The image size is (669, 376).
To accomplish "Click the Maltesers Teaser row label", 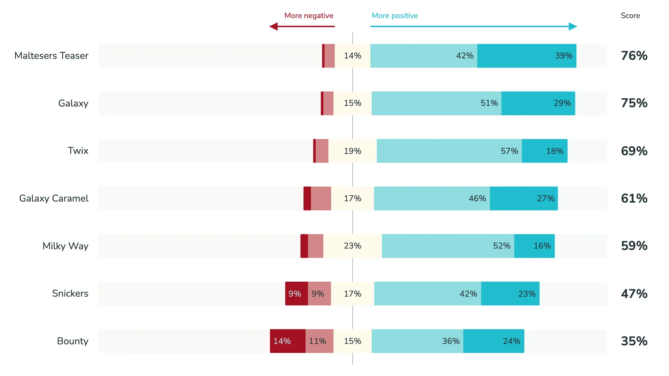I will (x=51, y=56).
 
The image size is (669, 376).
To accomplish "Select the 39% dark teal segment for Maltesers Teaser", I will (x=526, y=56).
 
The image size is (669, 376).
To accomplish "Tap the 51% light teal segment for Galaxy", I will (x=436, y=103).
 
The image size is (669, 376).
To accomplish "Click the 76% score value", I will (x=634, y=56).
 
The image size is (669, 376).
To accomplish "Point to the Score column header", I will (x=630, y=16).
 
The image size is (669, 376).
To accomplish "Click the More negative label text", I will (x=309, y=16).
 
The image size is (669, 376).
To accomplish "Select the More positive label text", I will (x=394, y=16).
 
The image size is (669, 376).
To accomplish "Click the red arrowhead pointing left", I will (x=274, y=26).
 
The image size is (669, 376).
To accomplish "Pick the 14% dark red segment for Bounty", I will (x=287, y=341).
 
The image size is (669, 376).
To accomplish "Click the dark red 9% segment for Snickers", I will (x=296, y=294).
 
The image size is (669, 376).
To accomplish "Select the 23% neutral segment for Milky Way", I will (x=352, y=246).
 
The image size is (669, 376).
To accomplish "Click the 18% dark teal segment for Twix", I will (x=544, y=151).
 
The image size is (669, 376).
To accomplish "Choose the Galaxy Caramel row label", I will (x=54, y=198).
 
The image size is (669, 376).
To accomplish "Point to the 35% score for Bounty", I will (x=634, y=341).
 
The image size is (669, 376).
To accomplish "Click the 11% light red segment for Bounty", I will (x=319, y=341).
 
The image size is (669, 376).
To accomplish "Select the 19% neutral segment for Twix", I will (x=352, y=151).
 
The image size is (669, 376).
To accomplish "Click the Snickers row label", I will (x=70, y=293).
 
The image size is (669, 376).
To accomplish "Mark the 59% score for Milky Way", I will (x=634, y=246).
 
